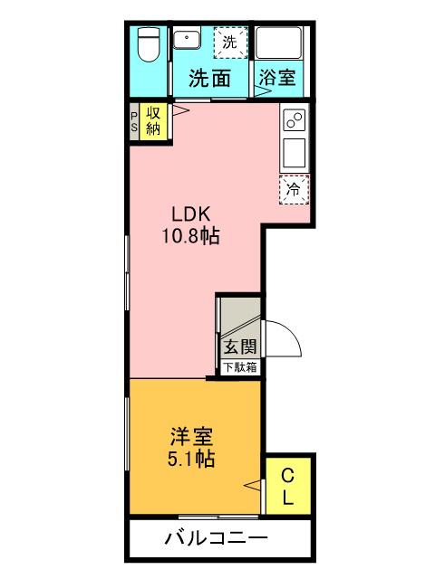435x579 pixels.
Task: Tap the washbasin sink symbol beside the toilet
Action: point(189,41)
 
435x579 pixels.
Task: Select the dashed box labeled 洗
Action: point(229,42)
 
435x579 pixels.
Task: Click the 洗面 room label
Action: point(209,78)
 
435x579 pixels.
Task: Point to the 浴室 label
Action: point(276,78)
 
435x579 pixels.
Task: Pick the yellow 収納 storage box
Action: point(154,121)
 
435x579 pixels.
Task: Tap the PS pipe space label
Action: point(133,121)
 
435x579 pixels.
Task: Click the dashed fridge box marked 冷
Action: point(294,189)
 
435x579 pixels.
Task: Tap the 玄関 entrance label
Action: point(241,346)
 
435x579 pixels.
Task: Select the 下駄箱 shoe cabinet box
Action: point(241,367)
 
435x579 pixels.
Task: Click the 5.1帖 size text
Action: point(191,459)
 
